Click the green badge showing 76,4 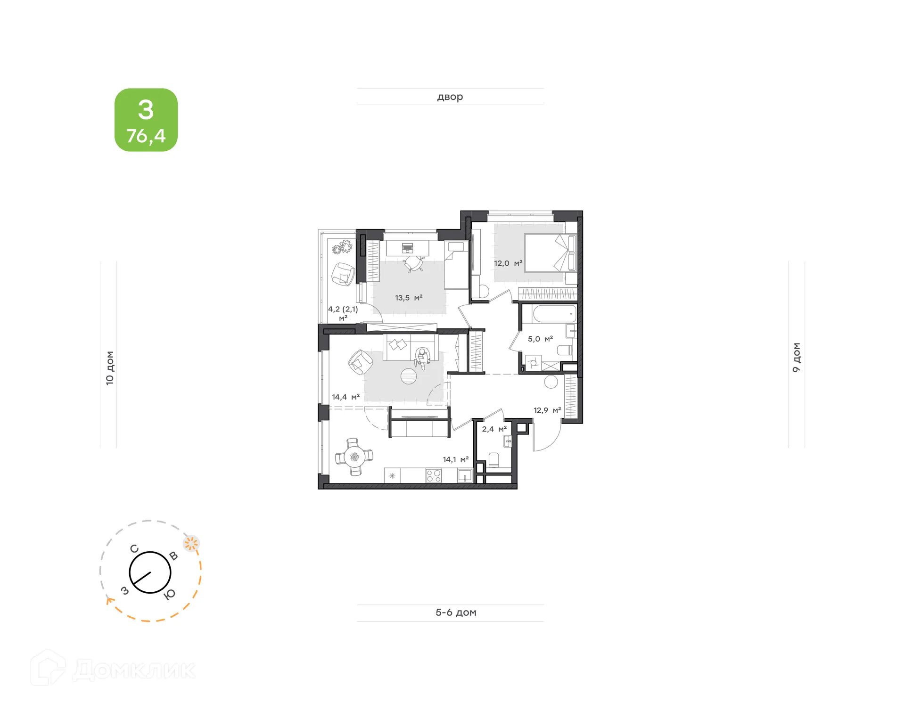(146, 120)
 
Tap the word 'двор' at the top (450, 97)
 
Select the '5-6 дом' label (456, 612)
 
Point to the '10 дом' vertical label (110, 368)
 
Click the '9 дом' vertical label (796, 358)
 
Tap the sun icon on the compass (191, 544)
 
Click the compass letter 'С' (134, 549)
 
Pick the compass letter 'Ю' (169, 595)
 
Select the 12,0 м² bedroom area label (508, 263)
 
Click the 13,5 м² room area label (409, 298)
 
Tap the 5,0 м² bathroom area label (540, 339)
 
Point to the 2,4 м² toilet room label (494, 429)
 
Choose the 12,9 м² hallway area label (547, 410)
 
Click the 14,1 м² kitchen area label (455, 459)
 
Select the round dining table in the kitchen (354, 457)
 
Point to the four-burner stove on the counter (433, 476)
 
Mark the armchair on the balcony (343, 274)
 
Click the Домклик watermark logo (113, 669)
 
